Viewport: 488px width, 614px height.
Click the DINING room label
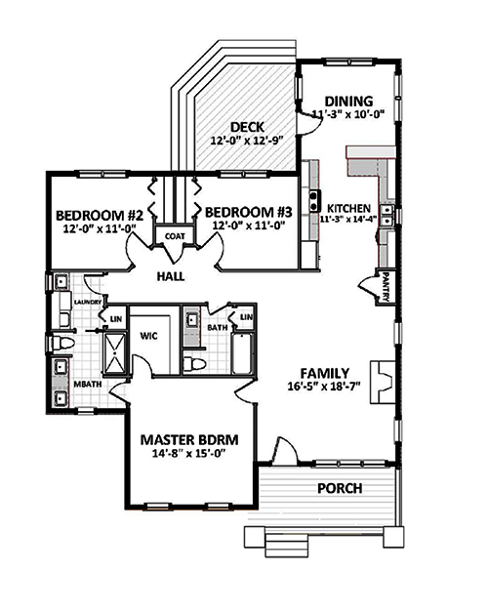point(347,101)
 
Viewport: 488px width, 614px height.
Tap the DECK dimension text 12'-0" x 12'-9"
point(244,141)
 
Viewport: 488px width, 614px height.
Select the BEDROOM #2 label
point(100,216)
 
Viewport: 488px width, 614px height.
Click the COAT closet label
point(175,235)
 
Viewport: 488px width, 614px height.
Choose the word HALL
point(173,276)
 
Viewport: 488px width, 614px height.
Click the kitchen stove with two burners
point(314,201)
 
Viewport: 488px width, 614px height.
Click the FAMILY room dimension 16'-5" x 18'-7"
point(324,386)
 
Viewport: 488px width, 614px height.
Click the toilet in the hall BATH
point(196,363)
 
